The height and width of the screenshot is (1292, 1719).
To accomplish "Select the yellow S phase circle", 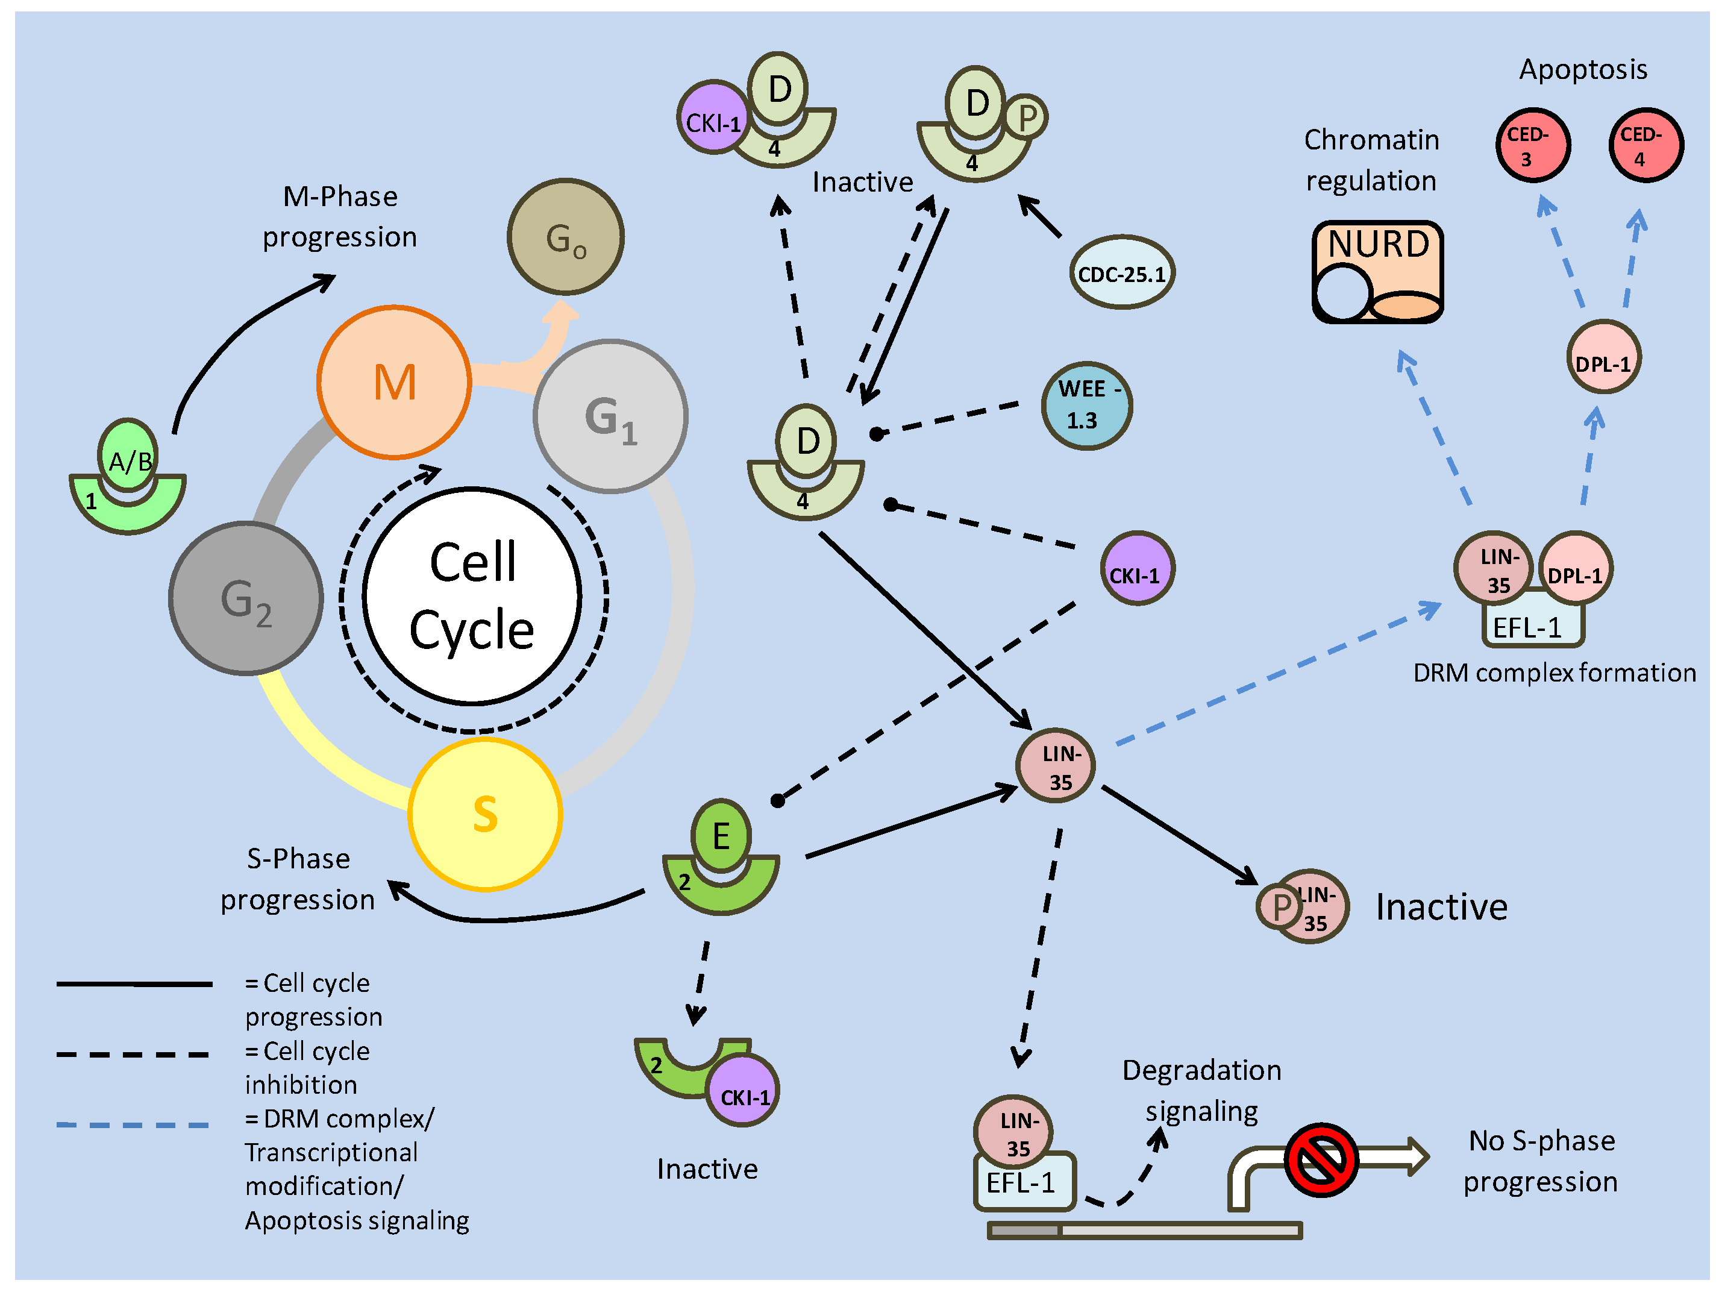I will tap(485, 814).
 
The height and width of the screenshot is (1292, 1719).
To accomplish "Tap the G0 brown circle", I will tap(566, 237).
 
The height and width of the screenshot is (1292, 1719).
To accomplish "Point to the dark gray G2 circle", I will tap(246, 598).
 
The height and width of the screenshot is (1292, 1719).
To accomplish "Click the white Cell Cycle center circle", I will tap(472, 595).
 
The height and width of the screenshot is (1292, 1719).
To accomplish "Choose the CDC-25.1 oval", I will tap(1121, 273).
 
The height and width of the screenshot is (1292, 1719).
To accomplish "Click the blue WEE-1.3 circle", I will tap(1086, 405).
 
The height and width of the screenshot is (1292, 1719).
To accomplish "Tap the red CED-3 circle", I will tap(1532, 145).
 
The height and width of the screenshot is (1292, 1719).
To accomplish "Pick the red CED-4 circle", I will tap(1645, 145).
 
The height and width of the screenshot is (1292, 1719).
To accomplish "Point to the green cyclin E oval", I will tap(721, 836).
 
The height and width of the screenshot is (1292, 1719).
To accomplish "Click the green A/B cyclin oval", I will tap(128, 457).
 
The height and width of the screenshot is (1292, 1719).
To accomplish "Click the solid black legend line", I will tap(134, 984).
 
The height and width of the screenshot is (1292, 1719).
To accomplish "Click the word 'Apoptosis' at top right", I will tap(1582, 69).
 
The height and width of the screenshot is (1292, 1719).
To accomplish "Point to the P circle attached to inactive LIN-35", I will tap(1279, 906).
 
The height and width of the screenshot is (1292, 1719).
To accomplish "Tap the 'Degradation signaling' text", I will tap(1201, 1091).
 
